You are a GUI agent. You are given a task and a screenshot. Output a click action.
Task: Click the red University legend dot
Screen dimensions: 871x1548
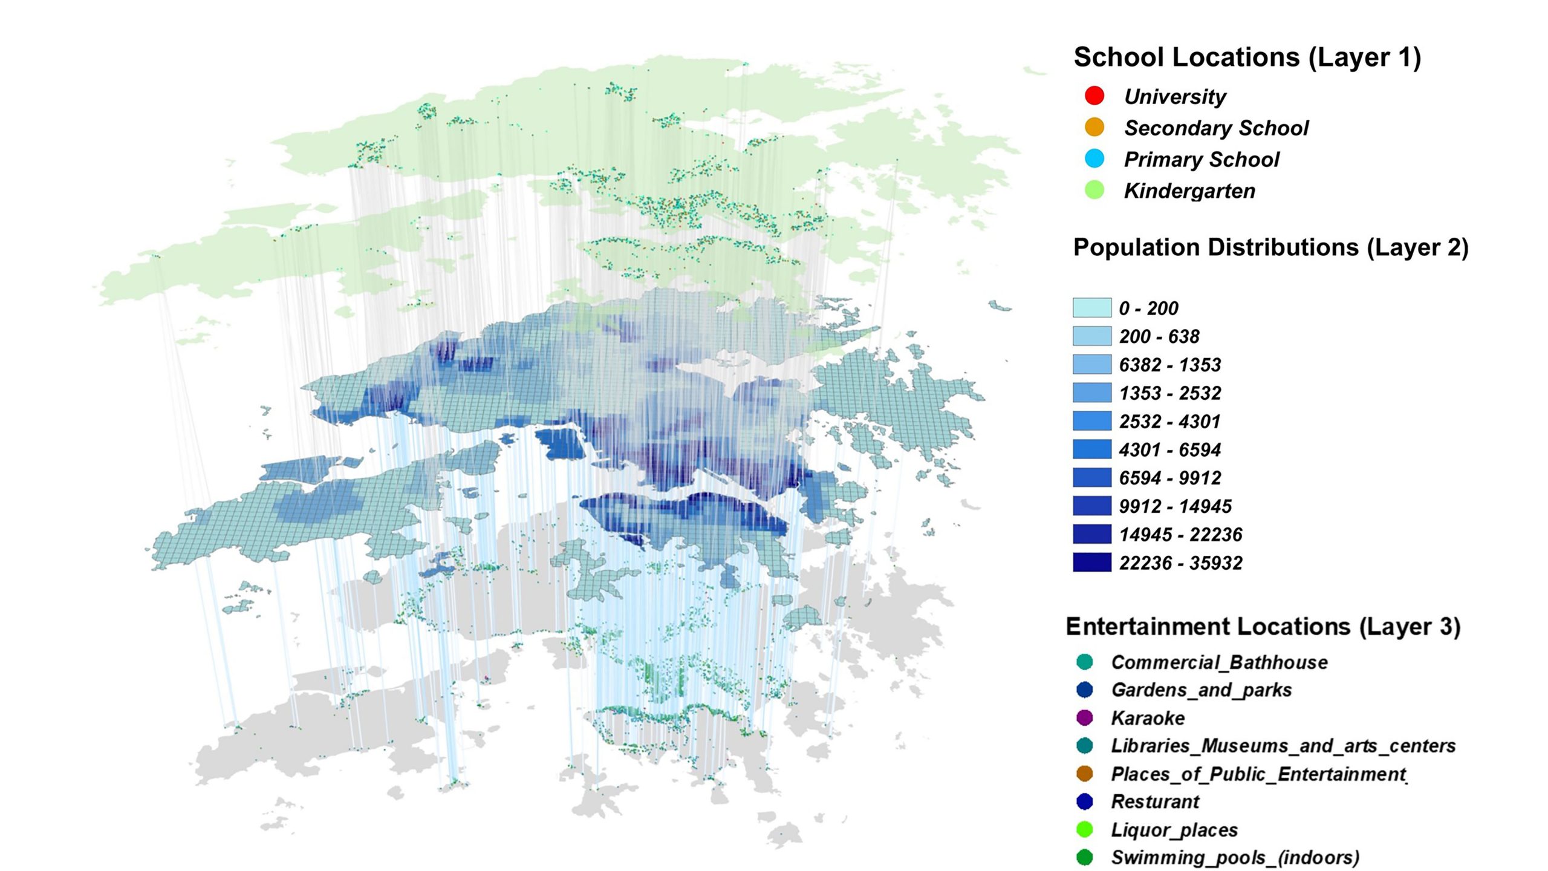(x=1094, y=96)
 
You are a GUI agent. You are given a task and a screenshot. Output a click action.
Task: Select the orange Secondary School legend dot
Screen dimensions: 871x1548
(x=1094, y=127)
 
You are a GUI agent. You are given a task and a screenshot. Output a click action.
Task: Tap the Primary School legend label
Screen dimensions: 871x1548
(x=1201, y=159)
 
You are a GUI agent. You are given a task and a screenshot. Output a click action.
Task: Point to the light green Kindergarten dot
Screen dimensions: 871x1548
(x=1094, y=191)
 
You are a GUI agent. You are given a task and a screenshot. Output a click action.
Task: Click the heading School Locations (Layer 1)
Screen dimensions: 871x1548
(x=1247, y=57)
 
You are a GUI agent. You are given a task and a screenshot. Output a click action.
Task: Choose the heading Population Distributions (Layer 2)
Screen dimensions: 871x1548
(x=1270, y=247)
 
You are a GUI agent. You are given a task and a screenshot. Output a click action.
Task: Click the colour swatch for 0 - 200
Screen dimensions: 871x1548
(x=1091, y=307)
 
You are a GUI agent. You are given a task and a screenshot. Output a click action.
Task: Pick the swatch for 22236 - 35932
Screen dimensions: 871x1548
(x=1091, y=562)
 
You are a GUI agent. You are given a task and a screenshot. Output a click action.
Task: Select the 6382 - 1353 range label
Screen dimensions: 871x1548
(x=1169, y=365)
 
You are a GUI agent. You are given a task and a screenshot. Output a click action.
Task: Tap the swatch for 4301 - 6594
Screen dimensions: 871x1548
(x=1091, y=449)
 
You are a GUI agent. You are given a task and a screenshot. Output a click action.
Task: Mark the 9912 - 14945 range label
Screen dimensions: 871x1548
(x=1175, y=506)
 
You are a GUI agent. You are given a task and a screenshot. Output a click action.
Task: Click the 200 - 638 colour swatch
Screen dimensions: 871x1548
(x=1091, y=336)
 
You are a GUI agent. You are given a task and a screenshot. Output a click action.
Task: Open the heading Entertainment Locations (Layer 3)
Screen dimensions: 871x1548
(x=1263, y=626)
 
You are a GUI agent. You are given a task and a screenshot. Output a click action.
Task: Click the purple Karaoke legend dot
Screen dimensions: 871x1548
(x=1085, y=718)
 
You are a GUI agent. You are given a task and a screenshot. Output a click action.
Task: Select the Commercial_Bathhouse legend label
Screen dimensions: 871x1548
(x=1219, y=662)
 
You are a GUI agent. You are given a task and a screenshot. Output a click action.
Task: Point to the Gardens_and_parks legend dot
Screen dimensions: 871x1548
(x=1085, y=690)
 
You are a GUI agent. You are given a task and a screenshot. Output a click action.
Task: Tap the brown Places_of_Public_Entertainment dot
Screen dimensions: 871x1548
(x=1085, y=774)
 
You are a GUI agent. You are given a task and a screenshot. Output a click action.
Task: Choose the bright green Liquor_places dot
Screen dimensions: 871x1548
(x=1085, y=829)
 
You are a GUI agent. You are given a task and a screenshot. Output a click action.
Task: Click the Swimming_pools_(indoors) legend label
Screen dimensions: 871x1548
(x=1235, y=858)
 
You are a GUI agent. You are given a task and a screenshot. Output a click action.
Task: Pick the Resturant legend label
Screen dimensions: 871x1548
(x=1155, y=801)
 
